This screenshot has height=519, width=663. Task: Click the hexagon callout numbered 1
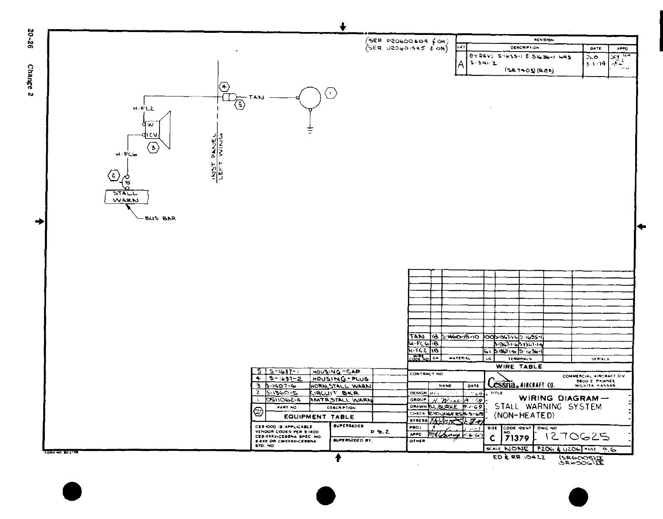click(331, 94)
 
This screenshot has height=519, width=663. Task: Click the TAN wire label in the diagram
click(256, 97)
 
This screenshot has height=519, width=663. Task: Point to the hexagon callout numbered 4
click(224, 87)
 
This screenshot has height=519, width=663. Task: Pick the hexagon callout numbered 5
click(240, 105)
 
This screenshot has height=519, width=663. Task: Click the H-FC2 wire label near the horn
click(143, 109)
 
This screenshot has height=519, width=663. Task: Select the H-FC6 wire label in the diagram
click(126, 154)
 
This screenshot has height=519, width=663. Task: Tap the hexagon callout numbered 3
click(153, 147)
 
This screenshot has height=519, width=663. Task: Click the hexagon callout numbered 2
click(113, 175)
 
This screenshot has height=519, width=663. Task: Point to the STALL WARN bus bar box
click(126, 197)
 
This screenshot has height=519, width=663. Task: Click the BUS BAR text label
click(160, 218)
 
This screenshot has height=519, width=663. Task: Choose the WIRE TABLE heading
click(519, 367)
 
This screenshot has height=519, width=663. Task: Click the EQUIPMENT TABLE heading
click(319, 417)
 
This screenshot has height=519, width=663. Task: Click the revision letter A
click(461, 65)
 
